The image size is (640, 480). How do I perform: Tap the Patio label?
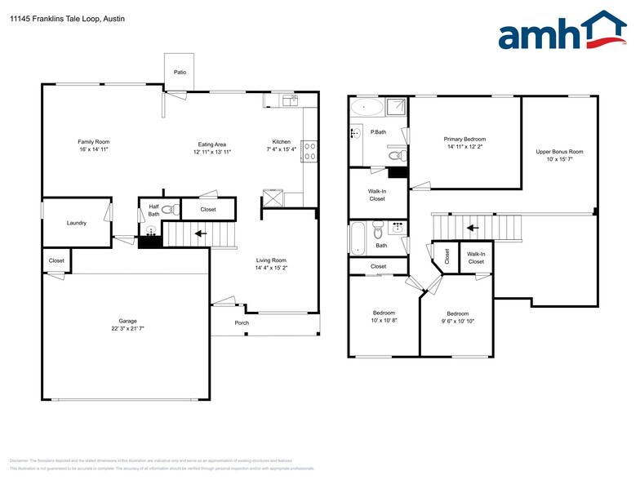(180, 73)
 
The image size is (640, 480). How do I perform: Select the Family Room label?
(93, 142)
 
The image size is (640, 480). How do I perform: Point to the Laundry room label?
(77, 223)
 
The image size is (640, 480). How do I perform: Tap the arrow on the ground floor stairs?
(198, 234)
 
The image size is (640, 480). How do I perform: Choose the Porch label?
(242, 323)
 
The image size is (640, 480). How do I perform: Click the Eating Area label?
(212, 144)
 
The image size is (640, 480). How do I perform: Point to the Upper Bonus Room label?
(559, 152)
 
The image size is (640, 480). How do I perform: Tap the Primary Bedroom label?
(464, 140)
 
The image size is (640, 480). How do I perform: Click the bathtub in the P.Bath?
(366, 108)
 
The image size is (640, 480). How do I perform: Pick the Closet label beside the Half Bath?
(207, 210)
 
